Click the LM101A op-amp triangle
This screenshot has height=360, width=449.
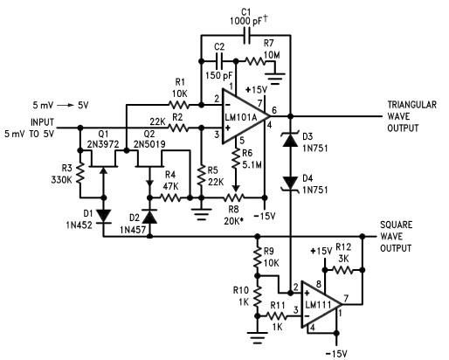(244, 116)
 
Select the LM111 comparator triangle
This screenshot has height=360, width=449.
(320, 305)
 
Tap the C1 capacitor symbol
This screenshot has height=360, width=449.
(247, 36)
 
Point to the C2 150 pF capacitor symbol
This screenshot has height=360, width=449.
(219, 61)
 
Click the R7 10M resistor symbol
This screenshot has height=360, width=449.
(255, 61)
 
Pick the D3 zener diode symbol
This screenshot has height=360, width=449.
(290, 139)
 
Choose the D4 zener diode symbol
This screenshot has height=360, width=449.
(290, 183)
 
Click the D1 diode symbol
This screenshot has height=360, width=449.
(104, 216)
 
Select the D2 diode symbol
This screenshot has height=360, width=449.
(150, 217)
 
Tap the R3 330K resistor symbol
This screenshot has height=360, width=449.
(80, 173)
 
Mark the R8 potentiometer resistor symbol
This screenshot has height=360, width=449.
(234, 197)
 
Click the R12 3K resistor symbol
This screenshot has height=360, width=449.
(342, 270)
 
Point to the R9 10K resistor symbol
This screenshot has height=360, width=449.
(257, 257)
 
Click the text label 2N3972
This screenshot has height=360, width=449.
(103, 144)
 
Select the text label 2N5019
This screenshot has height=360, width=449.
(149, 144)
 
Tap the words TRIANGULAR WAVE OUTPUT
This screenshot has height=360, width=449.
(411, 116)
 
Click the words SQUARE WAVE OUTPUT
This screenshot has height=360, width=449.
(397, 236)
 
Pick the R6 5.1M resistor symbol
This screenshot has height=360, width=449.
(237, 159)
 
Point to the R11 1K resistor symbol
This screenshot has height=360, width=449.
(276, 316)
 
